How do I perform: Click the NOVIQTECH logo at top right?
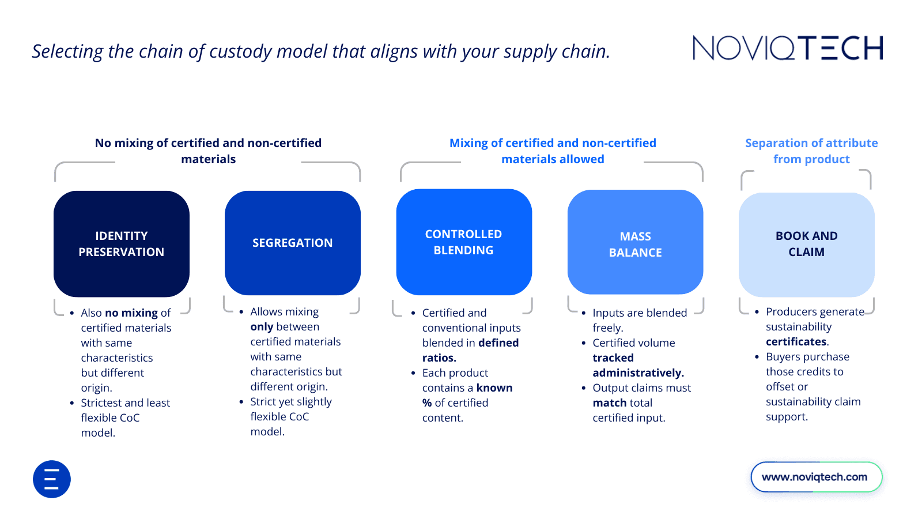click(x=787, y=48)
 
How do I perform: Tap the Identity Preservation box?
click(x=122, y=244)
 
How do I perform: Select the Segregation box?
click(x=293, y=243)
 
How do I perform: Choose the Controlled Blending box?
click(x=464, y=242)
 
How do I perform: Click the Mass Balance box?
click(x=635, y=242)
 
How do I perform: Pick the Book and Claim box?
click(x=806, y=245)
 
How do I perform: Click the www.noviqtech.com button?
click(x=816, y=477)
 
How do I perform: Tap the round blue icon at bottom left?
click(x=52, y=479)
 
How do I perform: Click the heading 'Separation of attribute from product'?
click(x=811, y=151)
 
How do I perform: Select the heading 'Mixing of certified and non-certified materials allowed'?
click(x=553, y=151)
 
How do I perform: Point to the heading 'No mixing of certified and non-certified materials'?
click(x=208, y=151)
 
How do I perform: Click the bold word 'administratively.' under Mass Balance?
click(x=638, y=373)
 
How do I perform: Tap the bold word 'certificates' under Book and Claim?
click(x=796, y=341)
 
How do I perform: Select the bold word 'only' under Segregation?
click(x=262, y=327)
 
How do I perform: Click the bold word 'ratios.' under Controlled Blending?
click(x=439, y=358)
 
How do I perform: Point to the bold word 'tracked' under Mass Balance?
click(x=613, y=358)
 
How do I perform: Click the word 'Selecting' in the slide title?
click(x=67, y=52)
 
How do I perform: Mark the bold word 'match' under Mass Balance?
click(x=609, y=403)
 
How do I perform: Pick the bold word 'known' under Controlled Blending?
click(x=494, y=388)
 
